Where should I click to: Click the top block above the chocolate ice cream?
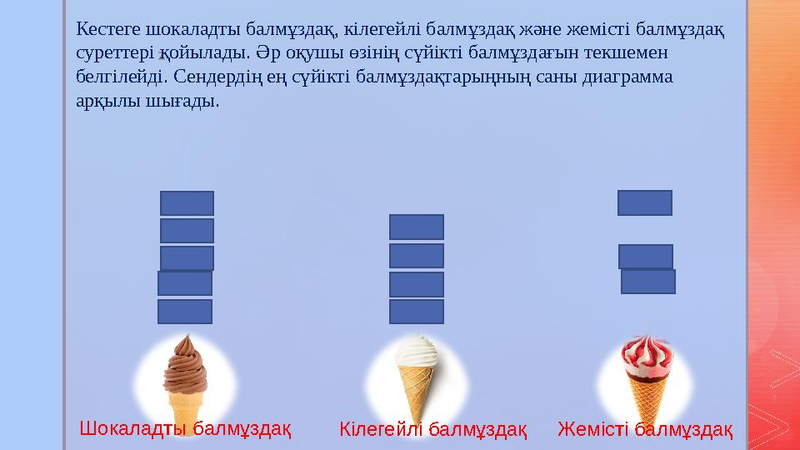coord(187,203)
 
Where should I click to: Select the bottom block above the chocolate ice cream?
coord(185,312)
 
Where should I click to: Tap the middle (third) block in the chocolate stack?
coord(187,258)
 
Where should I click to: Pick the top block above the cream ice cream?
coord(417,227)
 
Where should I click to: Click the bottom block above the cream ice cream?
coord(417,312)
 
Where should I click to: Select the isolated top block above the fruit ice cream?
coord(644,202)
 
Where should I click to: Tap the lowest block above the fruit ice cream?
coord(647,282)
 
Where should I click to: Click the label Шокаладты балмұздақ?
coord(185,429)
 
